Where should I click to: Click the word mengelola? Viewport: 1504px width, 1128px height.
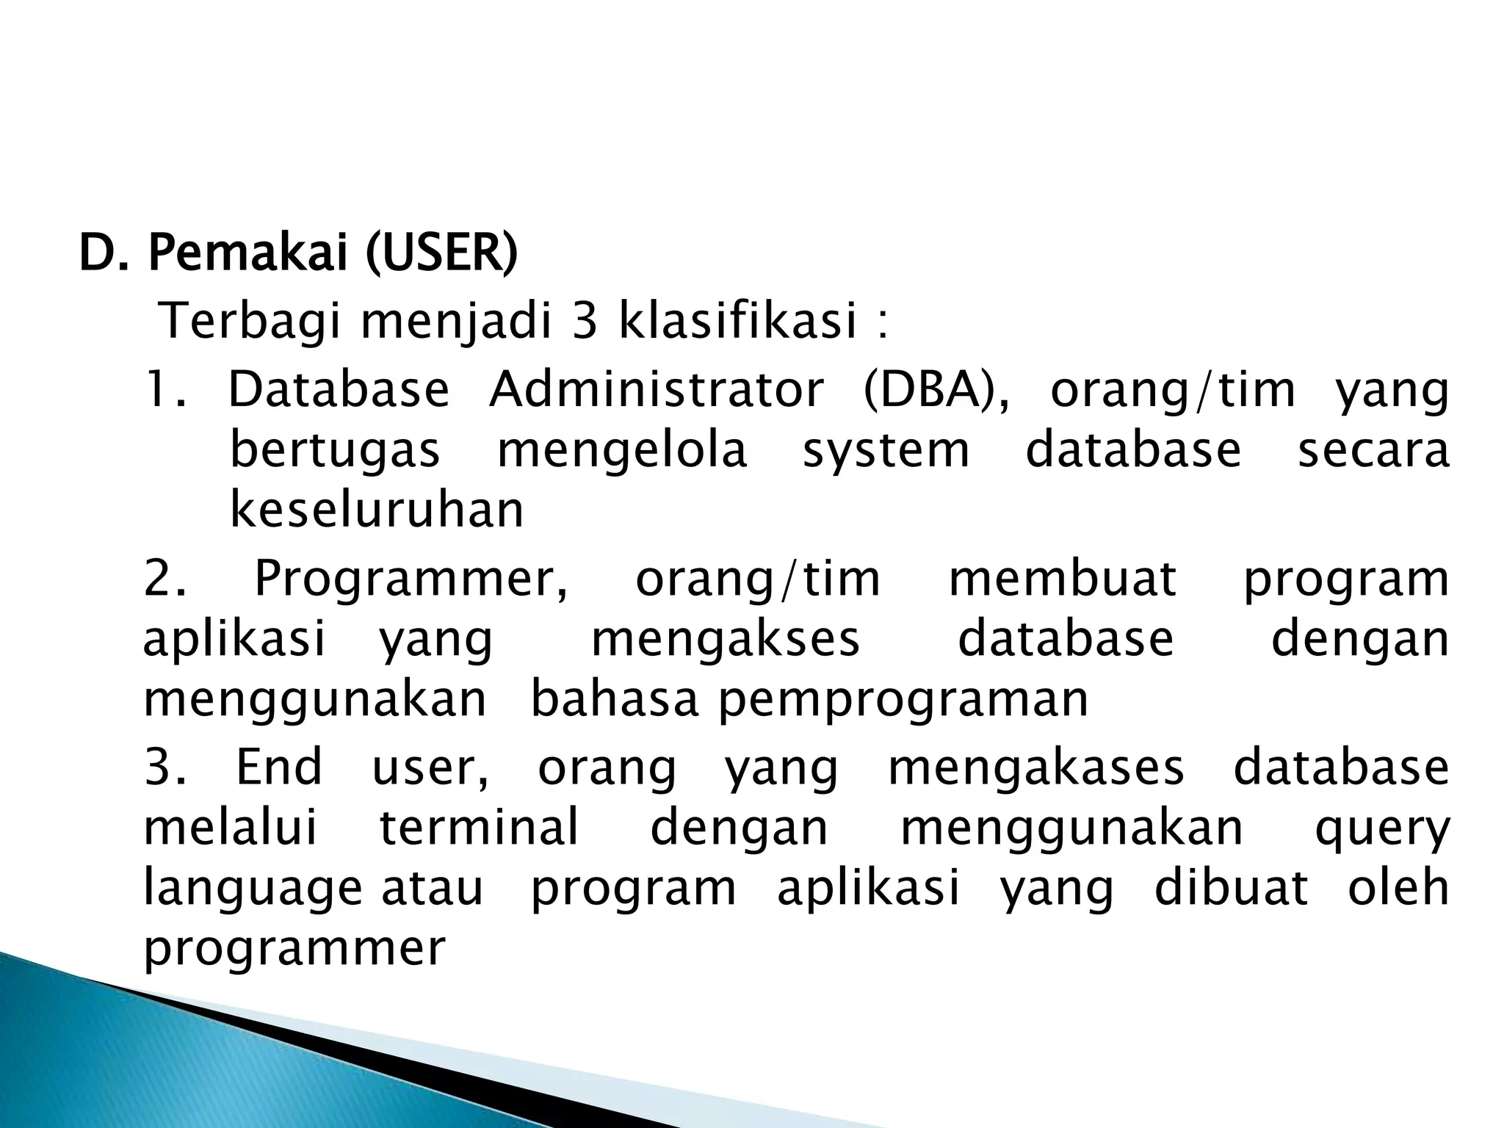pyautogui.click(x=622, y=451)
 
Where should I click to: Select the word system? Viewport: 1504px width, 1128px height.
pyautogui.click(x=886, y=451)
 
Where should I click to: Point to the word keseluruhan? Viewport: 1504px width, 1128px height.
pyautogui.click(x=377, y=510)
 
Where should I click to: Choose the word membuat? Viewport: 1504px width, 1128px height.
pyautogui.click(x=1063, y=579)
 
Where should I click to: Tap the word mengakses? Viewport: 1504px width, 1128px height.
pyautogui.click(x=725, y=639)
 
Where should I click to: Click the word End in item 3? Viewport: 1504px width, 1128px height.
pyautogui.click(x=279, y=767)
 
